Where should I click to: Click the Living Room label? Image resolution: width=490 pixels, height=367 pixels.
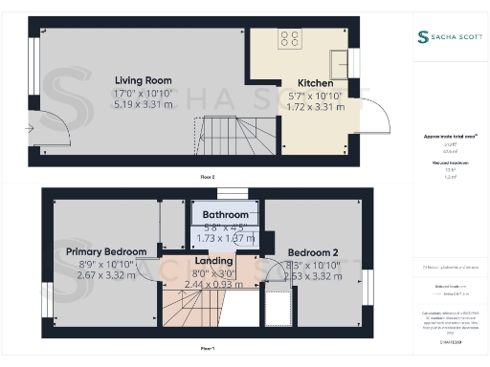coord(145,79)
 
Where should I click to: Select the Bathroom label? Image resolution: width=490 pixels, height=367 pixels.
coord(225,215)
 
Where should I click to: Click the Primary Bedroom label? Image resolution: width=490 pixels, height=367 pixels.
coord(105,251)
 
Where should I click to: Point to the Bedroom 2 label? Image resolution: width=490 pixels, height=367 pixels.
coord(312,252)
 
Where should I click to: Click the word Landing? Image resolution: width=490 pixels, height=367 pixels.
coord(213,261)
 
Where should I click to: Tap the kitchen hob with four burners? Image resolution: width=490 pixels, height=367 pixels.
coord(288,39)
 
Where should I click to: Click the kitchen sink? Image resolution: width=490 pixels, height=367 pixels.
coord(340,64)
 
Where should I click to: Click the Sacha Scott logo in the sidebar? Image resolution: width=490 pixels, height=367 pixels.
coord(450,37)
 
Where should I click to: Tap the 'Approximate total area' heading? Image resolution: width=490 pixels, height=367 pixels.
coord(450,136)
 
